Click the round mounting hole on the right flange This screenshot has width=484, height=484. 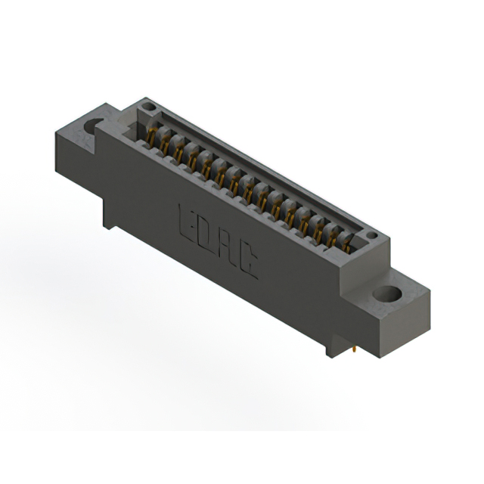click(387, 293)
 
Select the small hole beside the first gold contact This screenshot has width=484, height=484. click(149, 107)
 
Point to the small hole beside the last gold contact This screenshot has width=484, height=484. click(373, 235)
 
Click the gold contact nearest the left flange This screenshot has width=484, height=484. click(152, 136)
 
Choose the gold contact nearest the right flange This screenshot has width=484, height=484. click(346, 244)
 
